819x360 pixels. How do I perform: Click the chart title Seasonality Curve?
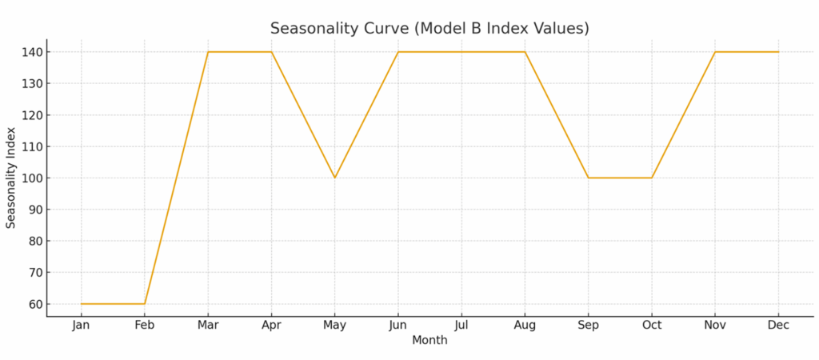click(x=429, y=28)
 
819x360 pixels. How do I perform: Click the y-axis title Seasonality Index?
click(x=11, y=178)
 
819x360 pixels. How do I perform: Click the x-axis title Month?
click(x=429, y=341)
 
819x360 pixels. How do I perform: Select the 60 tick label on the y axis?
click(x=34, y=304)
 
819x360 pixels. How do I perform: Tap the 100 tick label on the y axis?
click(x=30, y=178)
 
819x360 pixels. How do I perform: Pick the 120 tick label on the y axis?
click(x=30, y=115)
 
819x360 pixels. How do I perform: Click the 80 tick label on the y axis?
click(x=34, y=241)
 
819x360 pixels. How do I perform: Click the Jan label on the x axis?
click(x=81, y=325)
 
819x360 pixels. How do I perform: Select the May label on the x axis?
click(x=334, y=325)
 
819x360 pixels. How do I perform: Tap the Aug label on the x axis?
click(x=525, y=325)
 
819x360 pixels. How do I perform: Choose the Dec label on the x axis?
click(x=778, y=325)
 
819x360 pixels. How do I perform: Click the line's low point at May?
click(x=334, y=178)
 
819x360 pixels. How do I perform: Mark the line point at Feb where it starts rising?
click(x=145, y=304)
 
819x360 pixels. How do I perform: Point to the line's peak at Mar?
click(x=208, y=52)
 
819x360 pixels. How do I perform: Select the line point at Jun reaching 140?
click(x=398, y=52)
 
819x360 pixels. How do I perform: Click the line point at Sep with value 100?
click(x=588, y=178)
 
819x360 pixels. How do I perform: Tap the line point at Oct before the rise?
click(x=652, y=178)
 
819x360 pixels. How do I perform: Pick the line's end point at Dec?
click(x=778, y=52)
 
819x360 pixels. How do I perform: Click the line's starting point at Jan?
click(x=81, y=304)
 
